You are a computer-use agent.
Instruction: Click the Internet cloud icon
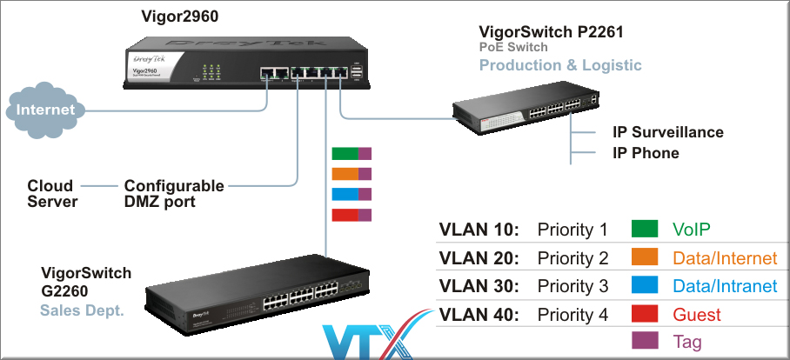tap(46, 110)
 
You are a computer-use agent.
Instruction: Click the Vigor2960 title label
tap(179, 17)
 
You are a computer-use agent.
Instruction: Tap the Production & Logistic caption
tap(560, 65)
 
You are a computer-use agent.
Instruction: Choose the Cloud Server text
tap(52, 194)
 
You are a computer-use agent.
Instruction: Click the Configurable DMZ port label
tap(174, 194)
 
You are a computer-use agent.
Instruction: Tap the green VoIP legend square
tap(645, 230)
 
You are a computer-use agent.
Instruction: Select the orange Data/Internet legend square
tap(645, 258)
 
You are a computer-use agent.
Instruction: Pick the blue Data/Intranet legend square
tap(645, 286)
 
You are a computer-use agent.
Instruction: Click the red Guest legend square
tap(645, 314)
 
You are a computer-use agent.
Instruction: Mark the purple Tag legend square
tap(645, 342)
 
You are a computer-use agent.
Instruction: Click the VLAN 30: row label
tap(479, 286)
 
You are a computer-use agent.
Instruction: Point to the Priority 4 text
tap(572, 314)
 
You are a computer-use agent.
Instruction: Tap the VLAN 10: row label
tap(479, 230)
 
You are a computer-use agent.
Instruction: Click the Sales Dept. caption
tap(80, 310)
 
